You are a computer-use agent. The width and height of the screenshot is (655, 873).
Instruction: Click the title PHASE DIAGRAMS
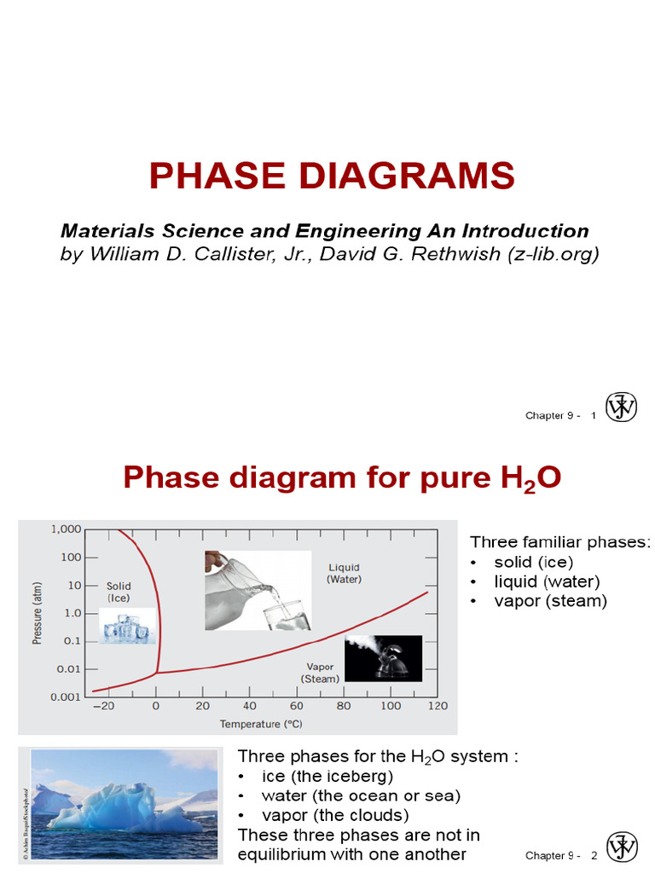[x=331, y=176]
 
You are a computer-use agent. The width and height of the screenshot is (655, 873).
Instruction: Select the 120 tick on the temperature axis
[x=438, y=707]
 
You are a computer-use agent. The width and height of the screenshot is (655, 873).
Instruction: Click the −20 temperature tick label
[x=103, y=707]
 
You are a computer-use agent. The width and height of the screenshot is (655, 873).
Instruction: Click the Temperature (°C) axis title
[x=262, y=725]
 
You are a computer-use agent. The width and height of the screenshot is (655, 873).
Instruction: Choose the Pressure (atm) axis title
[x=38, y=612]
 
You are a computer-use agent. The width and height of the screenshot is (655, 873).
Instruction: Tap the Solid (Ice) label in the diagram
[x=119, y=592]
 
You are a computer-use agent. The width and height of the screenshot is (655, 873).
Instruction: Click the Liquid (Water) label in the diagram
[x=344, y=573]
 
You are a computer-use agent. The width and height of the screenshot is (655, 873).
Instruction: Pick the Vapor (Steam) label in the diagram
[x=320, y=672]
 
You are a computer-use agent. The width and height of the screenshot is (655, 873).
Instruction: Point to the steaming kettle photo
[x=382, y=658]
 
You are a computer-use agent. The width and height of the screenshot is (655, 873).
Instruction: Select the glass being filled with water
[x=287, y=616]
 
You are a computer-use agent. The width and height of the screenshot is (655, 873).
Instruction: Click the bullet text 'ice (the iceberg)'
[x=327, y=777]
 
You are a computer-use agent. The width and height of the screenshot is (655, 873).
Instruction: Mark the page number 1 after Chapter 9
[x=592, y=415]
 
